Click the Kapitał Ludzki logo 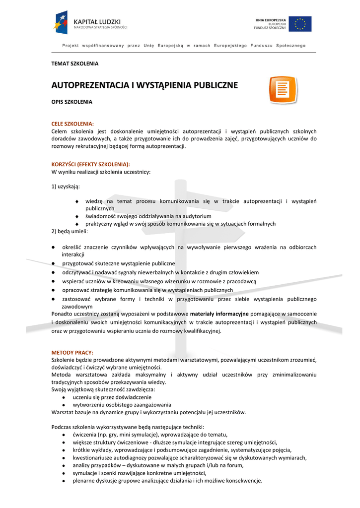tap(91, 23)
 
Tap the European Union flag tap(300, 24)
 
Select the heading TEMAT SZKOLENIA tap(75, 63)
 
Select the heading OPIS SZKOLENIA tap(72, 102)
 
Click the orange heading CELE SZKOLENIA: tap(72, 124)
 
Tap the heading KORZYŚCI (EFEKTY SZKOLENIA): tap(91, 164)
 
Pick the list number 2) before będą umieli tap(55, 231)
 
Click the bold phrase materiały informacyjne tap(219, 314)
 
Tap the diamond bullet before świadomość tap(77, 216)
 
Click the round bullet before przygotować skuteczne tap(53, 263)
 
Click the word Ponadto tap(63, 314)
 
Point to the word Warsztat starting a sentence tap(63, 412)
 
